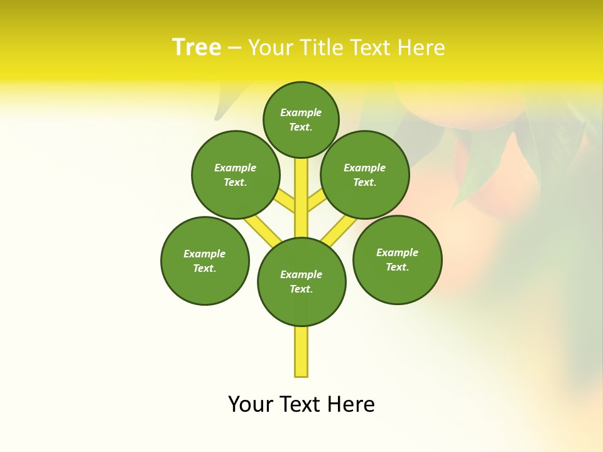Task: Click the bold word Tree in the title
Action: point(197,47)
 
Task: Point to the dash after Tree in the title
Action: point(234,48)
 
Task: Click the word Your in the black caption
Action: point(251,404)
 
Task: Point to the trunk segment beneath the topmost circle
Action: point(301,188)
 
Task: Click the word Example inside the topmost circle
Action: point(301,112)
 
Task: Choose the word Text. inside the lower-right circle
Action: point(397,267)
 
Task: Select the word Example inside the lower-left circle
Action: point(204,254)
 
